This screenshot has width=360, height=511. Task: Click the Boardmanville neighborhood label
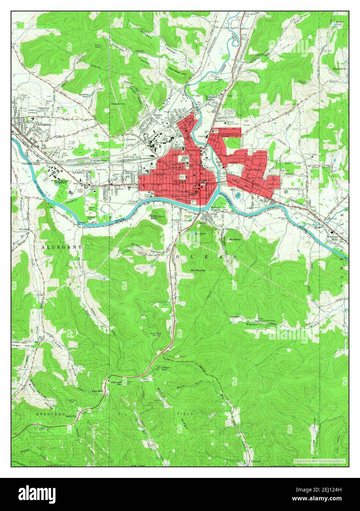coord(228,135)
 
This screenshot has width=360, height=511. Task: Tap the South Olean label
coord(180,196)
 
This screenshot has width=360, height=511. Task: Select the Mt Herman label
coord(198,270)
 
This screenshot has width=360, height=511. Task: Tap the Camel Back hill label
coord(153,217)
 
